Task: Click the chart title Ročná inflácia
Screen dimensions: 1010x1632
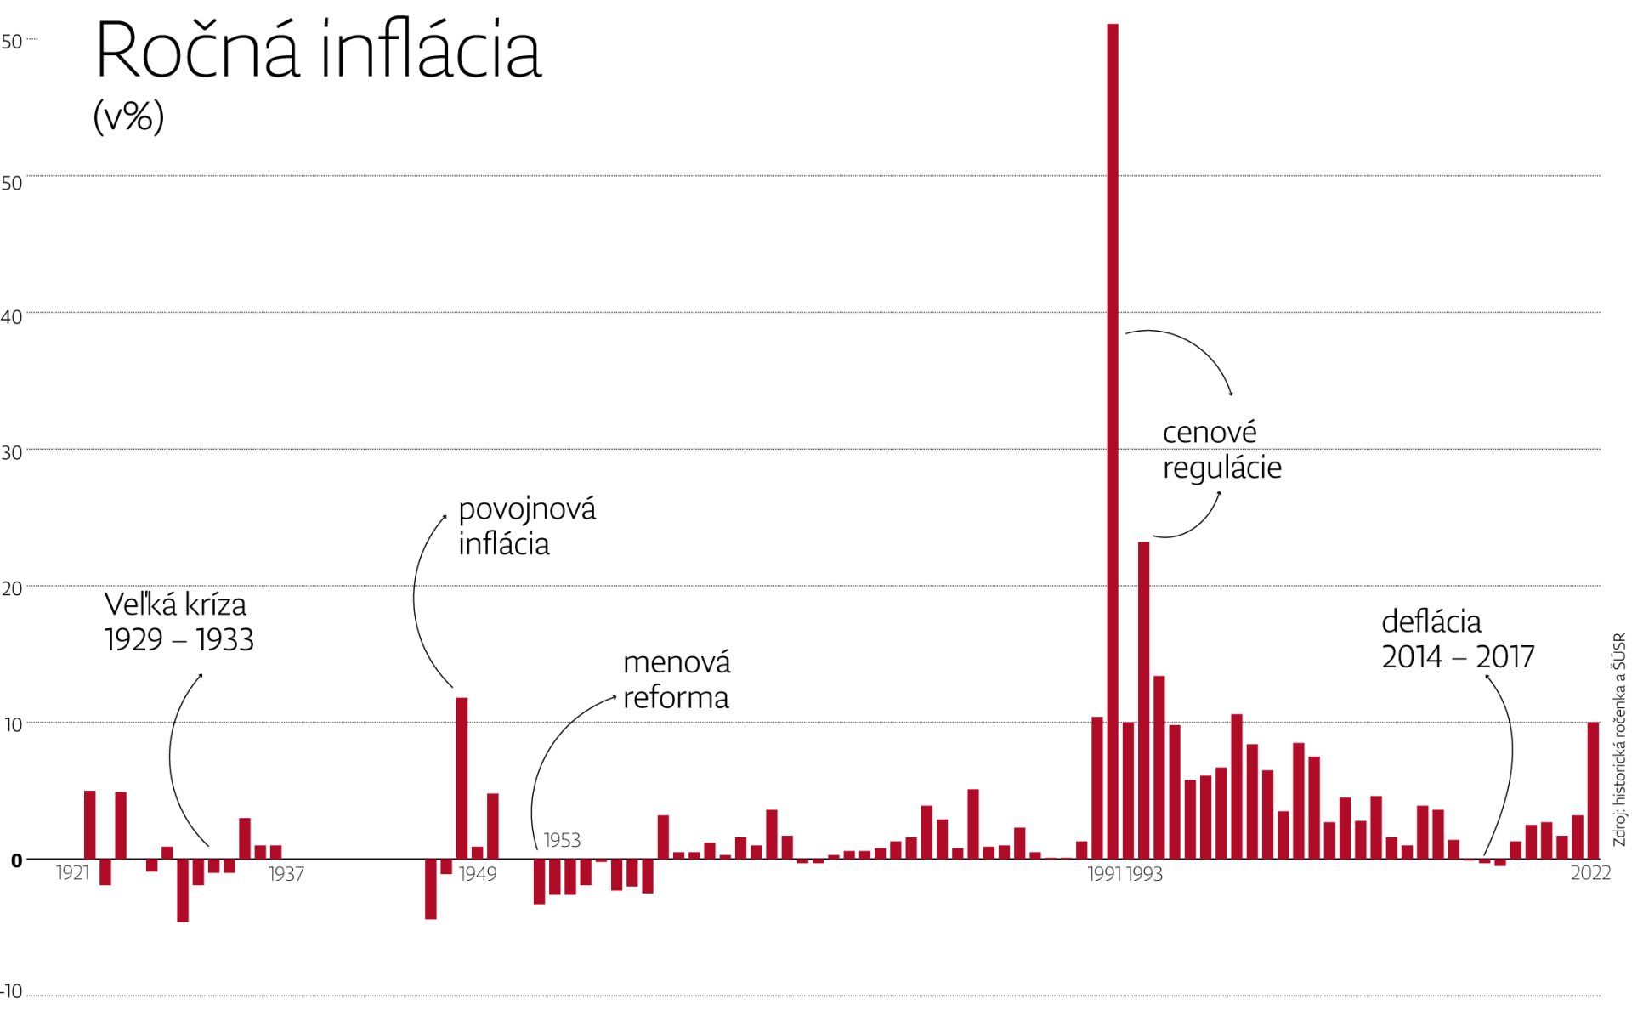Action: pos(317,51)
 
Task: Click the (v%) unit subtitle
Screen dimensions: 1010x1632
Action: pos(128,116)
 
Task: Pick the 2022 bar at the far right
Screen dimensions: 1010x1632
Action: pos(1593,790)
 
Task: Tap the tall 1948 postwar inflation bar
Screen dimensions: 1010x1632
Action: pos(462,777)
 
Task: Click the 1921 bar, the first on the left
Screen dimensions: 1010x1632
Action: pos(90,824)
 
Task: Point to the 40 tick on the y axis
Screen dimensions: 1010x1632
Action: pos(12,317)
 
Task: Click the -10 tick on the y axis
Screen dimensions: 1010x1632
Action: pos(12,991)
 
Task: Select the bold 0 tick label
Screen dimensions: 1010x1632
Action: pos(16,861)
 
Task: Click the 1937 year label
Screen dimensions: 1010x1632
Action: pos(286,874)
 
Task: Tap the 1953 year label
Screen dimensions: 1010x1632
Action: pos(562,840)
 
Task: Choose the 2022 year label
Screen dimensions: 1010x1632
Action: pos(1590,873)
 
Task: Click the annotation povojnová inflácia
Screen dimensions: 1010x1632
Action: pos(527,526)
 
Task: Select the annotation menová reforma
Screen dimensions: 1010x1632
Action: pos(677,680)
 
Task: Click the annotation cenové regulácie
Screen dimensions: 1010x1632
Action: pos(1221,450)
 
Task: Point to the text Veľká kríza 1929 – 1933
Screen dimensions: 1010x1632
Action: pos(178,622)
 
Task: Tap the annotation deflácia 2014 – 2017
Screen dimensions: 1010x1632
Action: pos(1457,639)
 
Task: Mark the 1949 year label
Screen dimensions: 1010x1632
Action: pos(478,874)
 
